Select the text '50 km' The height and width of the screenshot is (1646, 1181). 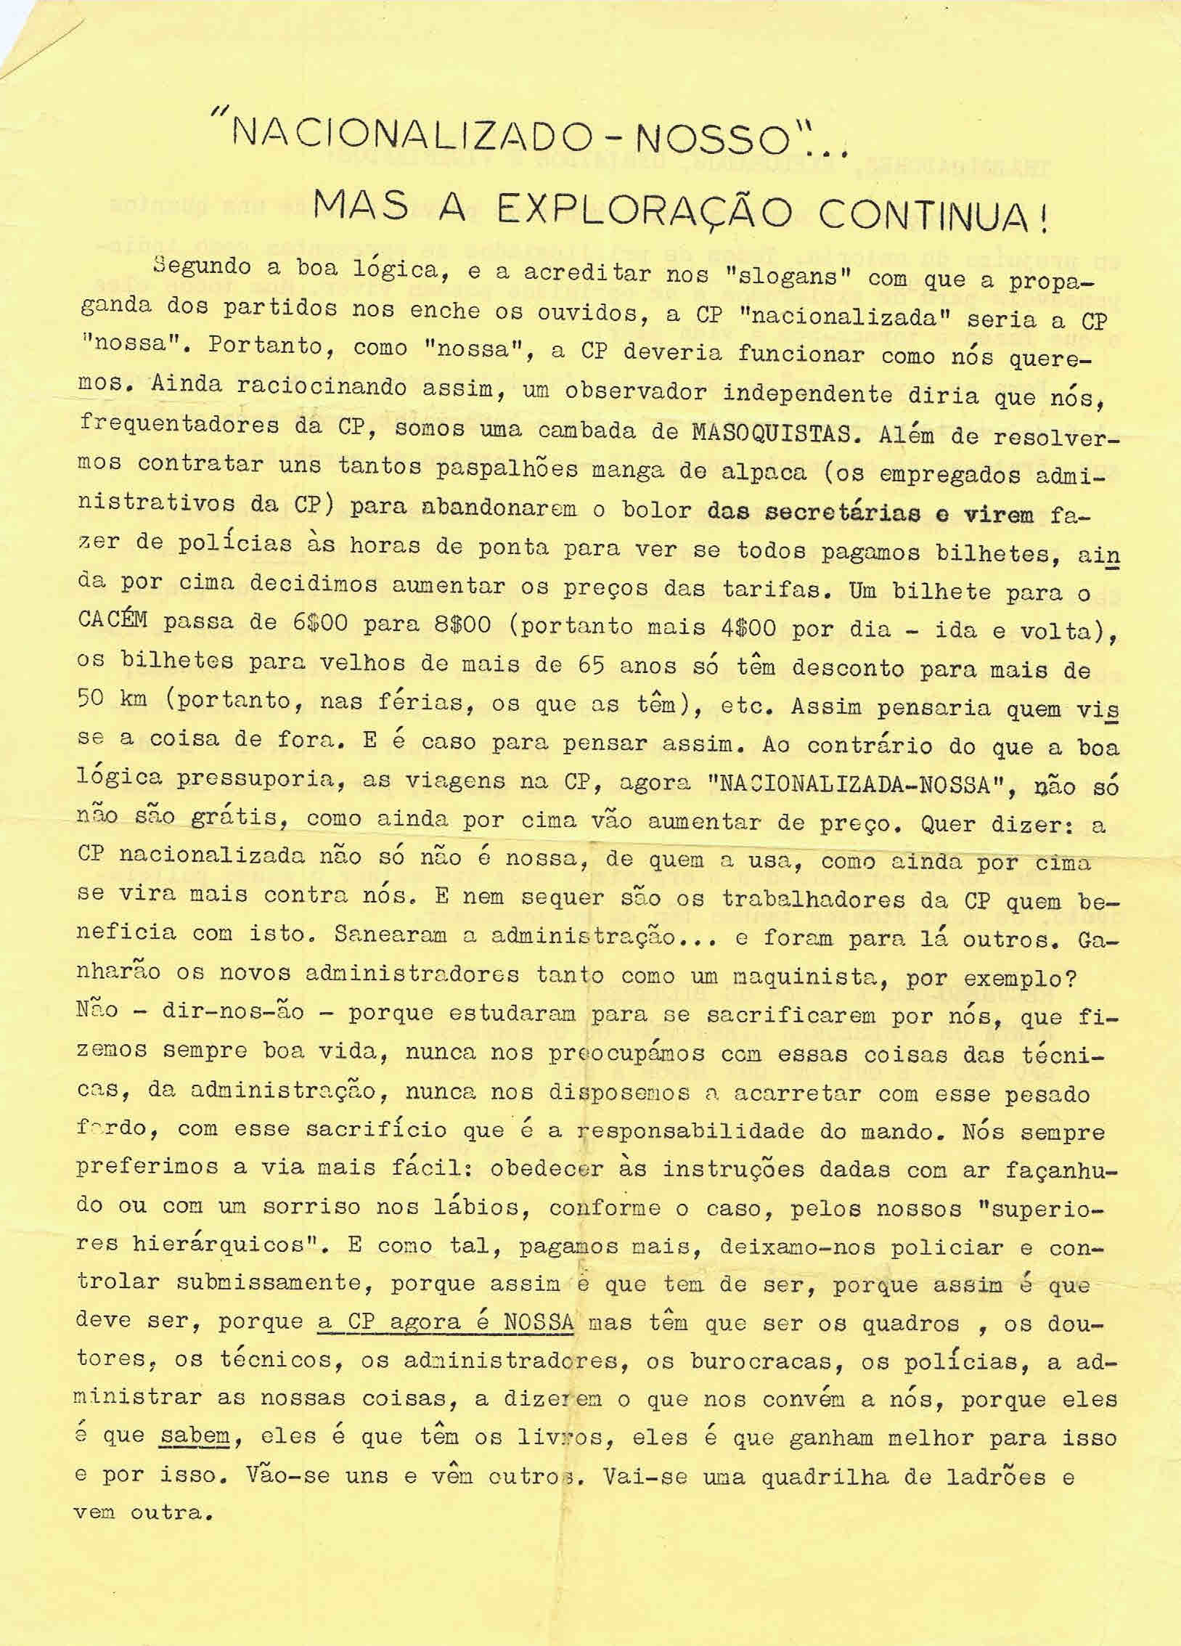[112, 698]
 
